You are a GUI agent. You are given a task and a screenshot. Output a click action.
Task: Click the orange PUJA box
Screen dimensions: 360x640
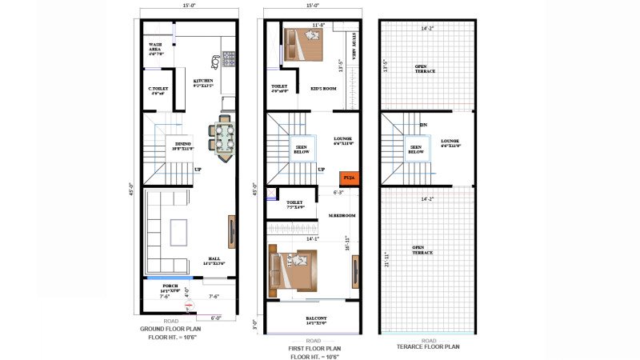[348, 178]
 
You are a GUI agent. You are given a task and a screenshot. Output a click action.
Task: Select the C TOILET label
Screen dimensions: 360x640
[158, 90]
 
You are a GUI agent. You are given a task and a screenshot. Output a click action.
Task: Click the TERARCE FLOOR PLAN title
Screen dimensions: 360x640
[428, 346]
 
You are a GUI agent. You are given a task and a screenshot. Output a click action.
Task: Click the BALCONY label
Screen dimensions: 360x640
[316, 319]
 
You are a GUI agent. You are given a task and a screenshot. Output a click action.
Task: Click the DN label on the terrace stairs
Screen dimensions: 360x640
[422, 125]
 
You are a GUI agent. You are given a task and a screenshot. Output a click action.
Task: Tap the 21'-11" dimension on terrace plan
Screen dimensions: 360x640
[387, 260]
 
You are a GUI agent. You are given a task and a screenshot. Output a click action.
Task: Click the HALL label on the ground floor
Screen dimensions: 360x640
[214, 259]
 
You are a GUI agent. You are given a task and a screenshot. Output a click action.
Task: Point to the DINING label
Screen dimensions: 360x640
[183, 145]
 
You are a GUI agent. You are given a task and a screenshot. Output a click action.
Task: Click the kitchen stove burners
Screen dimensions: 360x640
[230, 58]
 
